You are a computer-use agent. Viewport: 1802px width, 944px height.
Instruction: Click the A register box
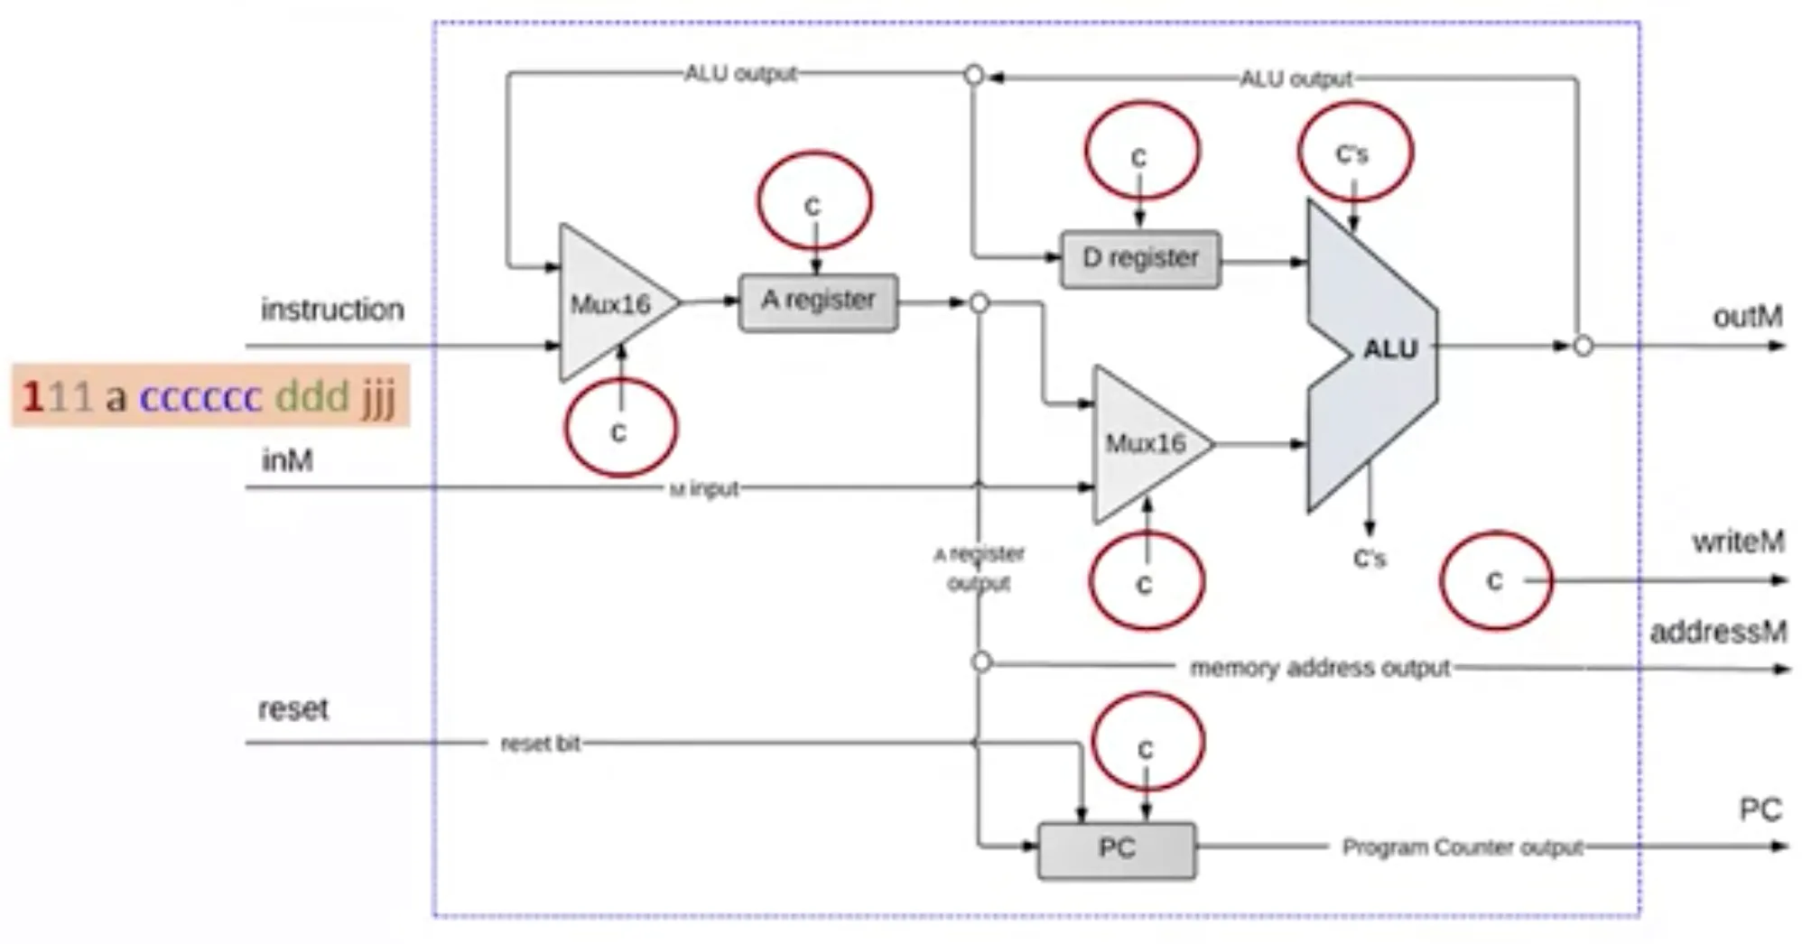[818, 301]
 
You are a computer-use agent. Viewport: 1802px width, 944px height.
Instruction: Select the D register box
[1140, 260]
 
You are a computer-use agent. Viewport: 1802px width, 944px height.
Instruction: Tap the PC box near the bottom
[1117, 849]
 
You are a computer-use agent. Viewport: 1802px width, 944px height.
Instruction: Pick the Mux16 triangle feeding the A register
[610, 304]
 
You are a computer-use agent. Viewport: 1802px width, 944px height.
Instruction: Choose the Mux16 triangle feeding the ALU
[1145, 443]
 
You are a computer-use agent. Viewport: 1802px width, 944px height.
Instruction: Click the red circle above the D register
[1141, 151]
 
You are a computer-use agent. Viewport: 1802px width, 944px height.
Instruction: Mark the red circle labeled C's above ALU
[1354, 151]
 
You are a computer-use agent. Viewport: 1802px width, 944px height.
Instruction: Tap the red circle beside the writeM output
[1495, 581]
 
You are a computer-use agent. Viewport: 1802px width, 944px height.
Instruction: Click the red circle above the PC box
[1147, 742]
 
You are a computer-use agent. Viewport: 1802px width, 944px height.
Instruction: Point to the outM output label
[1747, 317]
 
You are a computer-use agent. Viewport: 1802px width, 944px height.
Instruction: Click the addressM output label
[1717, 632]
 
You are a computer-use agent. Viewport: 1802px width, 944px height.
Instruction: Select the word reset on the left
[293, 709]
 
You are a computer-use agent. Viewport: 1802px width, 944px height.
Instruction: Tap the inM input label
[287, 461]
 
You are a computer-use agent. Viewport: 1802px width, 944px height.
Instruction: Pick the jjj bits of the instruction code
[379, 397]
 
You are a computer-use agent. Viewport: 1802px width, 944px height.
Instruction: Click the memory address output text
[1319, 668]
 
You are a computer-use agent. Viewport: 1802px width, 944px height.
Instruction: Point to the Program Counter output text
[1462, 847]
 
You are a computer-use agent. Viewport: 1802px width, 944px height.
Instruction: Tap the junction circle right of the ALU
[1583, 346]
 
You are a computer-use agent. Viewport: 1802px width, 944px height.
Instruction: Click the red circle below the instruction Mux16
[619, 428]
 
